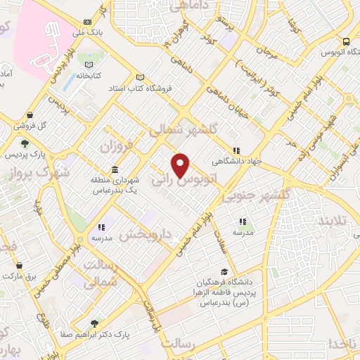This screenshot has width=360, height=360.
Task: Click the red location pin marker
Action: tap(181, 165)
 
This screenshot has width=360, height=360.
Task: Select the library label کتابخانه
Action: tap(89, 75)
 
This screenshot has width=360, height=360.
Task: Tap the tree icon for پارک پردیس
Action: tap(25, 143)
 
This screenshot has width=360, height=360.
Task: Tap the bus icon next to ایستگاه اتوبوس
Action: tap(346, 41)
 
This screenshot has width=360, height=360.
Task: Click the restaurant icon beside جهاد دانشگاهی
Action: tap(237, 150)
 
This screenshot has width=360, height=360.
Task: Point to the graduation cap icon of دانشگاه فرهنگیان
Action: tap(224, 272)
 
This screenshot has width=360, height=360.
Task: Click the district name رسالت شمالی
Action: tap(99, 273)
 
